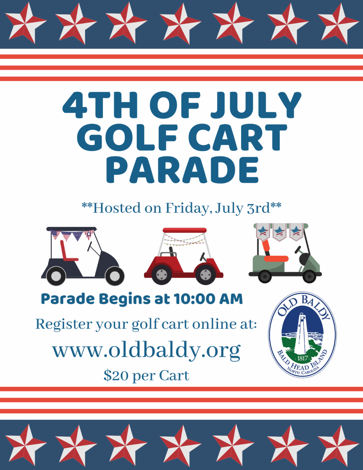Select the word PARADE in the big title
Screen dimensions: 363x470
(182, 170)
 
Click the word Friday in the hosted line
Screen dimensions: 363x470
(187, 208)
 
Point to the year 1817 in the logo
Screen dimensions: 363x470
(302, 358)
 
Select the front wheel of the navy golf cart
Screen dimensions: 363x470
(115, 276)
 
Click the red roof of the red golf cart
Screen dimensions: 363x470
(185, 230)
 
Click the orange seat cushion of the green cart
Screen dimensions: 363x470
(276, 258)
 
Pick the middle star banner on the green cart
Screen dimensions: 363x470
(279, 232)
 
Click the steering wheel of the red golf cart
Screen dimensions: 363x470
(203, 257)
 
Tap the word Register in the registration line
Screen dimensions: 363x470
(64, 324)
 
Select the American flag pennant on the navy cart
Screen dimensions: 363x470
(55, 235)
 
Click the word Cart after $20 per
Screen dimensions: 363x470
(174, 375)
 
